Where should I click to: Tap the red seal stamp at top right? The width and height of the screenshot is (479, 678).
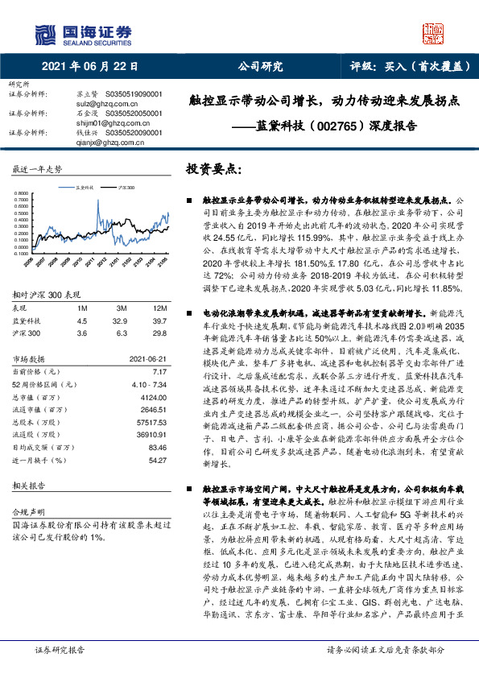[x=432, y=34]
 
